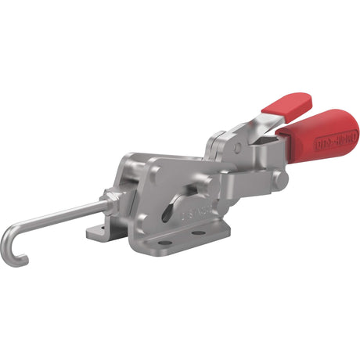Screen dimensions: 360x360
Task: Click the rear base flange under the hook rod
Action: point(95,231)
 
